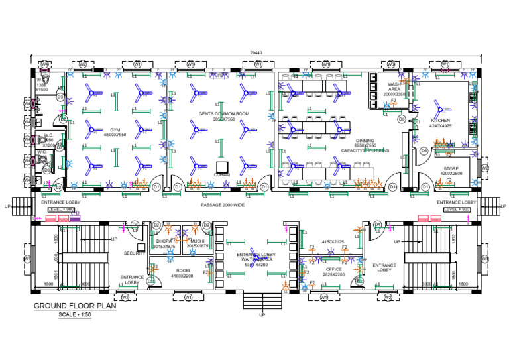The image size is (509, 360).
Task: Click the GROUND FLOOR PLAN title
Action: coord(75,306)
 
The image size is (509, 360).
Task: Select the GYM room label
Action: coord(115,130)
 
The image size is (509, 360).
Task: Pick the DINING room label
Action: coord(365,141)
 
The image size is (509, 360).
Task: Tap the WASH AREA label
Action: coord(394,86)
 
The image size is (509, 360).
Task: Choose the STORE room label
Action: coord(451,169)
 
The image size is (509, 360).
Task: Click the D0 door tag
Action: coord(401,119)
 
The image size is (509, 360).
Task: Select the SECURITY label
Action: coord(135,253)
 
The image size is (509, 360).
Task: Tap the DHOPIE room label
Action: coord(164,241)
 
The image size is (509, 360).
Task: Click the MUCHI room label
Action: coord(198,241)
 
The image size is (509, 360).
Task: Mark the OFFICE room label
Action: coord(333,269)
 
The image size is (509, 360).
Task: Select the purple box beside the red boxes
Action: coord(75,217)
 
